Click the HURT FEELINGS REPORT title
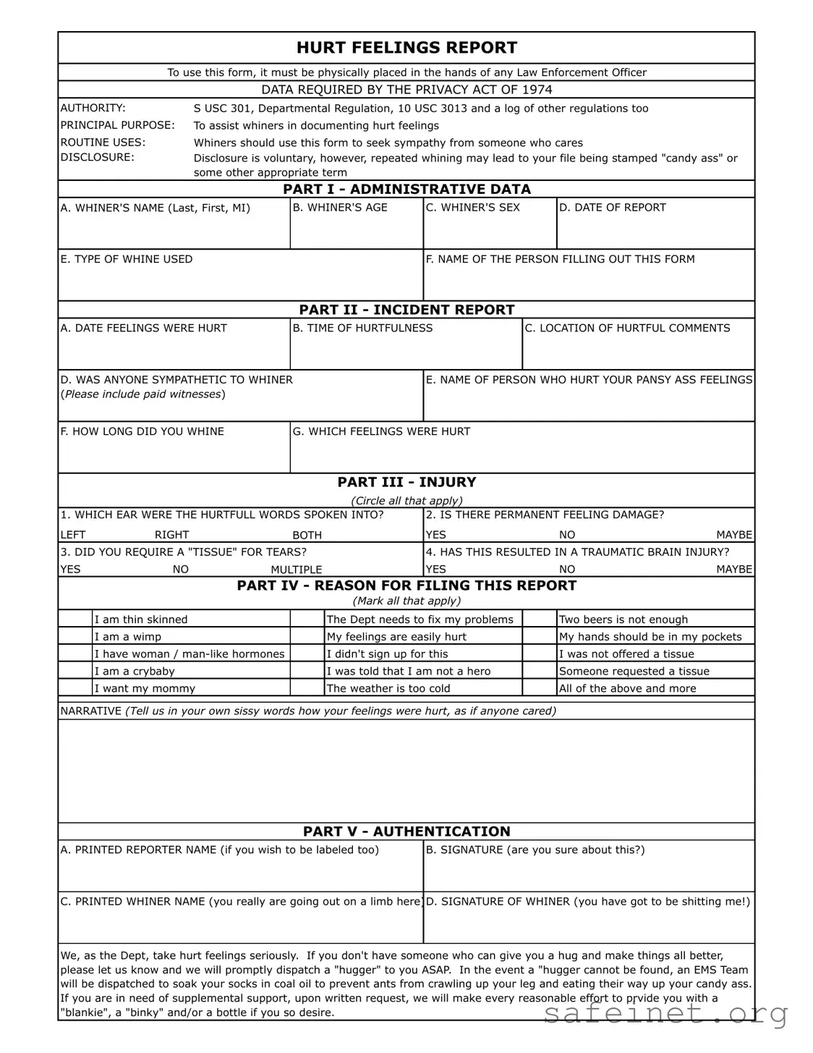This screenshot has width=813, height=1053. click(406, 48)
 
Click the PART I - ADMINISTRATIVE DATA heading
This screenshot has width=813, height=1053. click(406, 189)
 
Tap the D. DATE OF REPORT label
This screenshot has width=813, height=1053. click(612, 208)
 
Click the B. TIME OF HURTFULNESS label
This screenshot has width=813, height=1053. click(362, 328)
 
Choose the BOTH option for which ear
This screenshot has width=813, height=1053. click(307, 535)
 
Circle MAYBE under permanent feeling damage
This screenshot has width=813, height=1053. click(733, 535)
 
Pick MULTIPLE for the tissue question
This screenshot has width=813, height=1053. click(296, 570)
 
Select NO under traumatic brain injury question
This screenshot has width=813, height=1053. click(567, 570)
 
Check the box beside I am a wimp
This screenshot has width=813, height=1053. click(75, 637)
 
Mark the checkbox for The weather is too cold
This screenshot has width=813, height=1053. click(307, 688)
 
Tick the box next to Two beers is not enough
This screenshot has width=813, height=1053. click(539, 619)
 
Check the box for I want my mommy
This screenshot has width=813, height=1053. click(75, 688)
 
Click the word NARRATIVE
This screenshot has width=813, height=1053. click(91, 711)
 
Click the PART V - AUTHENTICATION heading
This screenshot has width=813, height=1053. click(406, 832)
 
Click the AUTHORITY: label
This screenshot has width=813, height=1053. click(93, 108)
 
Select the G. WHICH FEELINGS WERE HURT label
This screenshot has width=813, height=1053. click(381, 431)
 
